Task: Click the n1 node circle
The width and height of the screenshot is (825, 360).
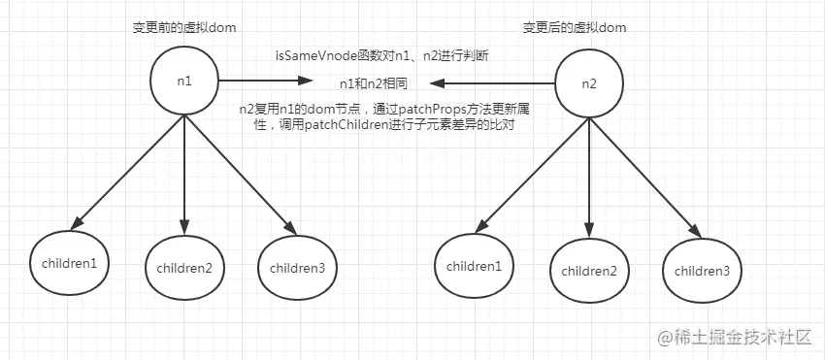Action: pos(184,81)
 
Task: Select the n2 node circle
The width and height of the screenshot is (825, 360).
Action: pos(588,82)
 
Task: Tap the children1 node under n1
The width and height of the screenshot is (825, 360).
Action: pos(69,262)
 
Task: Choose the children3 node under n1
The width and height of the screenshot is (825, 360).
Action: pos(296,267)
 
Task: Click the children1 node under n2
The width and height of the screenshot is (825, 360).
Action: pos(475,265)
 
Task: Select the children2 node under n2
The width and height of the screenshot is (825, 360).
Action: pos(587,271)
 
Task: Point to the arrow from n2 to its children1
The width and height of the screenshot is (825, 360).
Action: pos(528,176)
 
